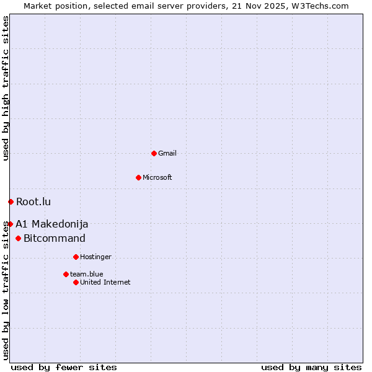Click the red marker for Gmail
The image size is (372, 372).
click(x=154, y=153)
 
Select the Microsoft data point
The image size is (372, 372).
click(x=138, y=177)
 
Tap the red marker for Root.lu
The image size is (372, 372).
click(x=11, y=201)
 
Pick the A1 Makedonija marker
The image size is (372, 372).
click(x=10, y=224)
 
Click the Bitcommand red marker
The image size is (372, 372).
click(x=18, y=238)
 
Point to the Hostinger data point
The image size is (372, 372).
click(x=76, y=257)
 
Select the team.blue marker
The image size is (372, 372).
click(x=66, y=274)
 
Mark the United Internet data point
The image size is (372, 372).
click(x=76, y=282)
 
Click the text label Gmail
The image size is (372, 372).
click(x=167, y=153)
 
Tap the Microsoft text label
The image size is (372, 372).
click(x=157, y=177)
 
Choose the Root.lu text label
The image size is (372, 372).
click(x=33, y=201)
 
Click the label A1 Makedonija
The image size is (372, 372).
click(x=52, y=224)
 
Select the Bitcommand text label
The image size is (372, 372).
click(x=55, y=238)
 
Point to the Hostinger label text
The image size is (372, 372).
click(x=95, y=257)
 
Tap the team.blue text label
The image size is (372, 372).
click(x=87, y=274)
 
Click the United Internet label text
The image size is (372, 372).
click(x=105, y=282)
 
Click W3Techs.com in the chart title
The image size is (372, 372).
click(x=320, y=6)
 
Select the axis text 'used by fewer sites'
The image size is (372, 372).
click(x=64, y=367)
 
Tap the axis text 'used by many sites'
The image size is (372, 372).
click(x=311, y=367)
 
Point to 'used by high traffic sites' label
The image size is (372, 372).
click(x=6, y=88)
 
